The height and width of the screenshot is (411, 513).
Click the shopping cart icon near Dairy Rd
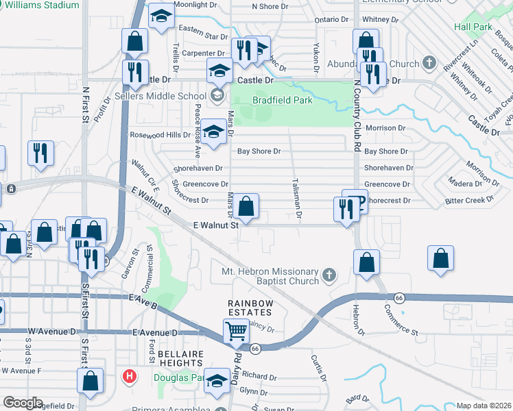point(236,332)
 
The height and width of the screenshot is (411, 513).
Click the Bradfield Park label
point(283,101)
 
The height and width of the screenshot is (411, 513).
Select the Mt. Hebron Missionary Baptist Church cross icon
point(329,275)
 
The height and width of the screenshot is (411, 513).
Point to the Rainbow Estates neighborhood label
point(251,309)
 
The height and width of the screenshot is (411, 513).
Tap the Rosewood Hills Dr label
point(160,135)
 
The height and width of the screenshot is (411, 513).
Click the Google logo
point(23,403)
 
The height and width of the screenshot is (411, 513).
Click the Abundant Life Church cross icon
point(430,64)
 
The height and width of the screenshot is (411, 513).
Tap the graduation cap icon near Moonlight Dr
point(161,16)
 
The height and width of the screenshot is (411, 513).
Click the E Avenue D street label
point(154,333)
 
